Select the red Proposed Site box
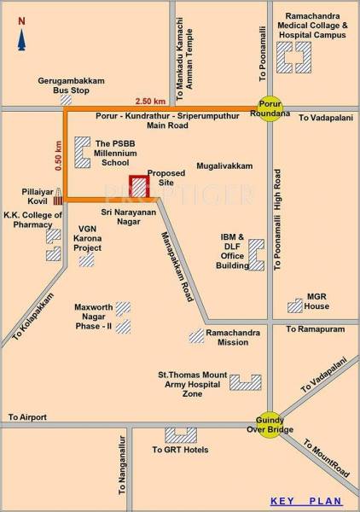pyautogui.click(x=137, y=187)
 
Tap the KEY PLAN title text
pyautogui.click(x=305, y=501)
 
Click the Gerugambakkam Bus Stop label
pyautogui.click(x=72, y=85)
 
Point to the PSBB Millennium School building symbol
pyautogui.click(x=83, y=152)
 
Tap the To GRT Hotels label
pyautogui.click(x=180, y=450)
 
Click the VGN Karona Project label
pyautogui.click(x=87, y=238)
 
